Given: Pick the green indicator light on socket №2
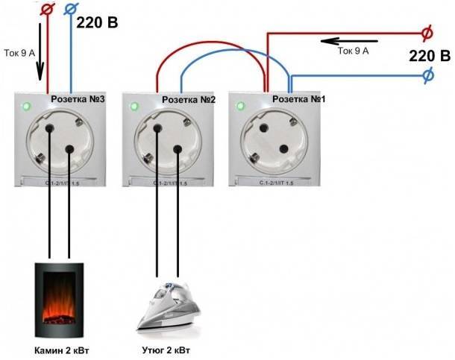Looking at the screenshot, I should [x=134, y=106].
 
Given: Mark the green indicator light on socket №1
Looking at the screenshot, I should [x=243, y=106].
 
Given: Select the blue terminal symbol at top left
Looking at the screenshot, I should [x=72, y=10].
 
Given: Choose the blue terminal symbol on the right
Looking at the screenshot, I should [x=428, y=75].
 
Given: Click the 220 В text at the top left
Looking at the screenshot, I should [x=97, y=22].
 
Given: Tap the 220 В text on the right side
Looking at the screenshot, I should [x=430, y=54].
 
